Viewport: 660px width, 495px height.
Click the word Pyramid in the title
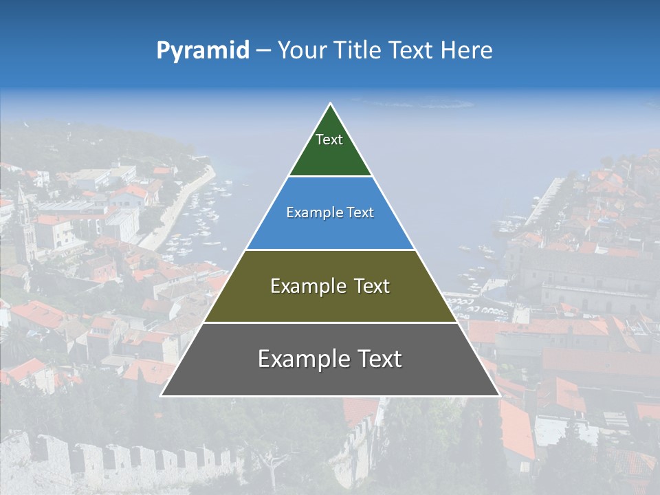point(203,51)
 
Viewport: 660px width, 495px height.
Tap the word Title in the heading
point(358,51)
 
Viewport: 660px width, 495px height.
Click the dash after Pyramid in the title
point(263,51)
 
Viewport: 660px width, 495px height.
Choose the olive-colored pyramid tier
point(330,302)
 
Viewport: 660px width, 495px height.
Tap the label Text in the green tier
point(329,140)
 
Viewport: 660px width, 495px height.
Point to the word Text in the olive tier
point(368,286)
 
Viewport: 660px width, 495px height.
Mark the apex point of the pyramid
point(331,104)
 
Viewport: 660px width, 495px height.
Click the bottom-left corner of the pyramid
point(162,395)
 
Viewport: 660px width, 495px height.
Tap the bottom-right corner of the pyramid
point(499,395)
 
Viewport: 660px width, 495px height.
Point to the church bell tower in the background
point(25,223)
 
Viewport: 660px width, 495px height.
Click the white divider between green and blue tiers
point(330,177)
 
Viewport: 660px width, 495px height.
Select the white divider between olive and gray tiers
point(330,322)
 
